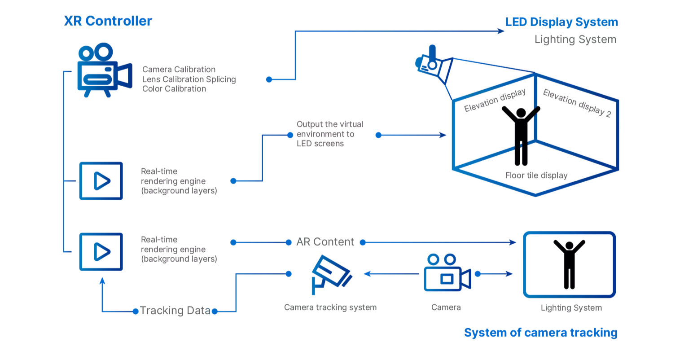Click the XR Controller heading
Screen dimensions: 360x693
tap(108, 21)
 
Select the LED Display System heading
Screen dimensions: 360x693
tap(561, 22)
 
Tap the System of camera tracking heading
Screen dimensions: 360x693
tap(540, 333)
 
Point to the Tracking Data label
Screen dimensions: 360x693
tap(175, 311)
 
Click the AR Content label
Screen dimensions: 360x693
tap(325, 242)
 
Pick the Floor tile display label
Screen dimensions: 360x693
tap(536, 176)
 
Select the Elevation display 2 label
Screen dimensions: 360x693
tap(577, 103)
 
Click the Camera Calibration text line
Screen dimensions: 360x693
tap(179, 70)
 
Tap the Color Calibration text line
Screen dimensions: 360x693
tap(174, 89)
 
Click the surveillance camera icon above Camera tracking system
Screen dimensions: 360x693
tap(331, 274)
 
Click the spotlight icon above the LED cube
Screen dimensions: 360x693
tap(434, 66)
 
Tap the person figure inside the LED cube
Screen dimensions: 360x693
tap(521, 135)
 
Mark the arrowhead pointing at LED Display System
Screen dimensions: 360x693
tap(501, 31)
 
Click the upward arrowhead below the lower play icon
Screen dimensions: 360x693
tap(102, 281)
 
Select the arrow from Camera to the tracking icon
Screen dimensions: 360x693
tap(390, 274)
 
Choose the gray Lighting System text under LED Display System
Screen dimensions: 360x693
tap(575, 40)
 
